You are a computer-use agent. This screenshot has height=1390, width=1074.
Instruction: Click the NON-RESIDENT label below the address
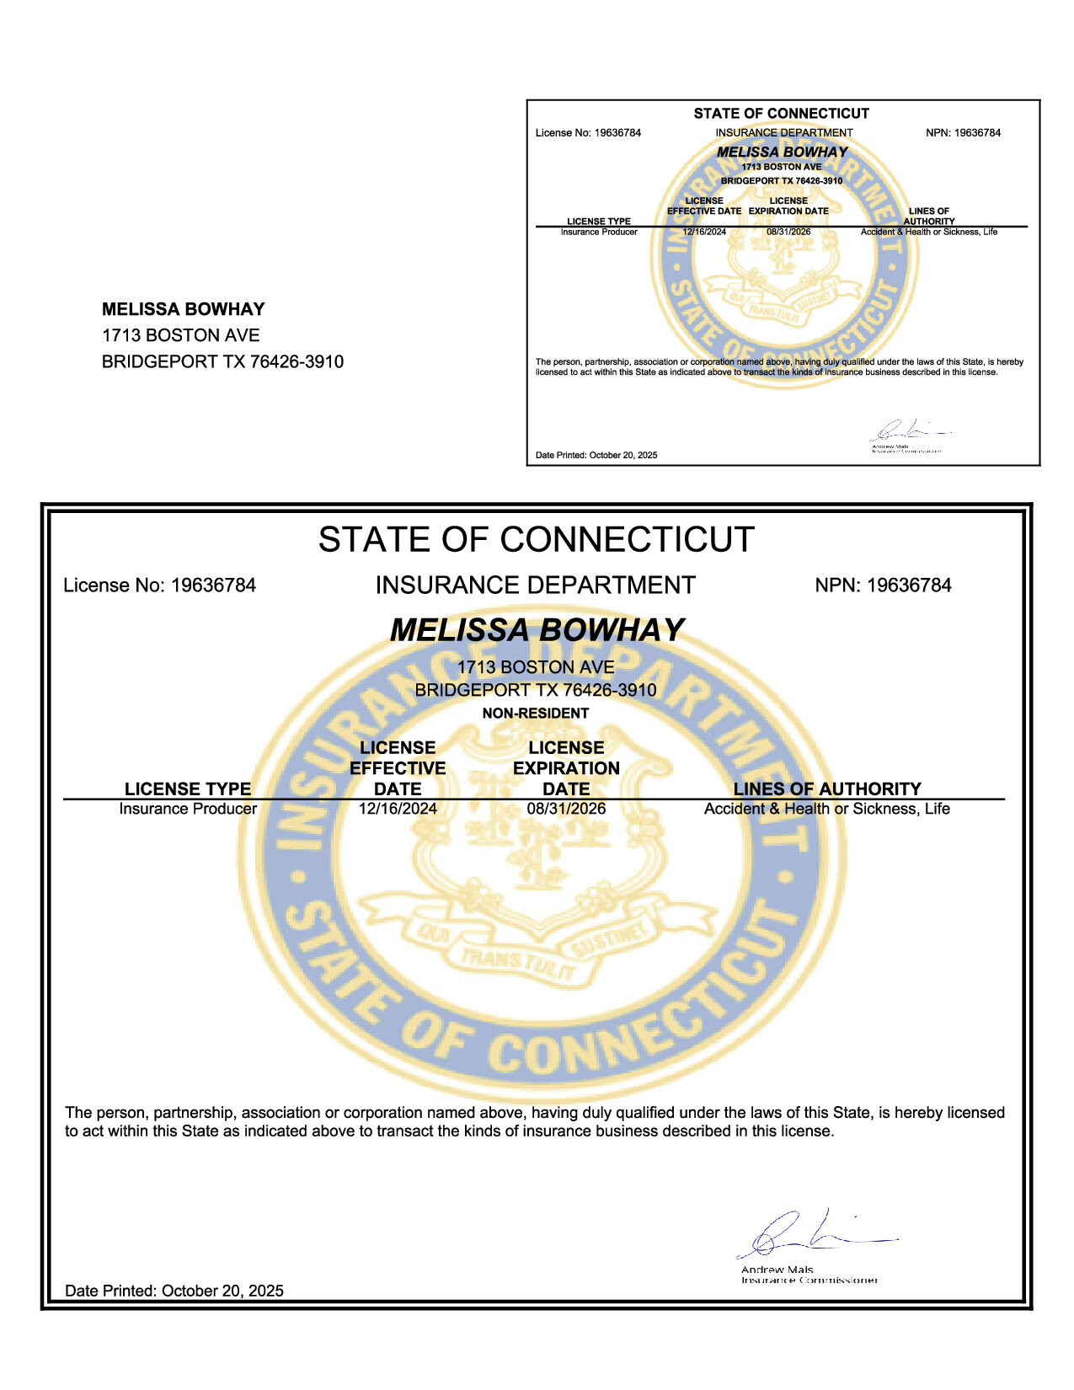point(535,714)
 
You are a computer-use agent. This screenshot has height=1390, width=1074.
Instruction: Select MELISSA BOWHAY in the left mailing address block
point(184,309)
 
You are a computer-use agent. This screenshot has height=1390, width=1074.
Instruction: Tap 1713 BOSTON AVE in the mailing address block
point(180,335)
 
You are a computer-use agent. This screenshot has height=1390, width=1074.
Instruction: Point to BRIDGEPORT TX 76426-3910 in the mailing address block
point(222,361)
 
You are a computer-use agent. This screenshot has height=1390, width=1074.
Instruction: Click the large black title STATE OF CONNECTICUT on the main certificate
point(536,540)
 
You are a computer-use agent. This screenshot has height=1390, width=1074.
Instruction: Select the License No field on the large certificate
point(159,585)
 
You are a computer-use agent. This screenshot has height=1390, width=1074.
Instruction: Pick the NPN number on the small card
point(963,133)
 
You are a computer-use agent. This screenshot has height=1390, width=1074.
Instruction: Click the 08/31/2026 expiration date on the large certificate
point(566,809)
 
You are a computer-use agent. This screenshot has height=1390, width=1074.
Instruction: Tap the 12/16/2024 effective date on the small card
point(704,232)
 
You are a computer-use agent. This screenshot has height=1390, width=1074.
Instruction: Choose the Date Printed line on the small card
point(596,456)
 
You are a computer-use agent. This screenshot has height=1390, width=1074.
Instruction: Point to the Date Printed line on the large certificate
point(174,1291)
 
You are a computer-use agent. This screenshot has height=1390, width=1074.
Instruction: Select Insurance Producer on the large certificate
point(188,809)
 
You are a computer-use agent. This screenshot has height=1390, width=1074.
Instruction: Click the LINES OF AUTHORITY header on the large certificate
point(827,789)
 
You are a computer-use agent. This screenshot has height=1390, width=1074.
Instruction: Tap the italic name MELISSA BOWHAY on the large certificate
point(537,630)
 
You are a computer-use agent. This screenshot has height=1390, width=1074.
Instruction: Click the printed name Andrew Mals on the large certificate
point(777,1270)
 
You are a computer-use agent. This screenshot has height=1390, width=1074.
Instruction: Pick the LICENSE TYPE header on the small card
point(599,222)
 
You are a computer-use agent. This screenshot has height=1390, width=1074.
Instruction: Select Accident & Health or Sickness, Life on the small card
point(928,232)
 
